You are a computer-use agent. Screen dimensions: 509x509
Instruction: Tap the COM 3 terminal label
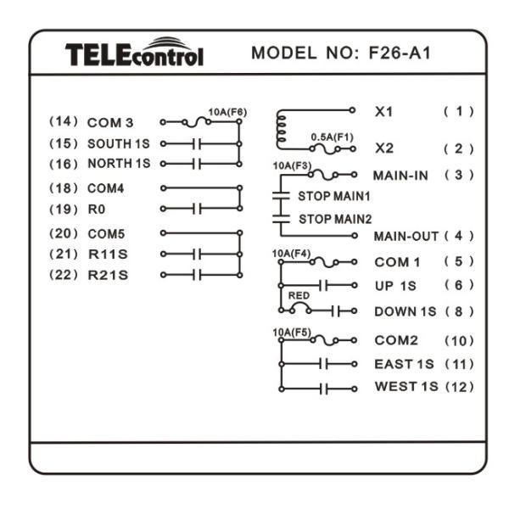pos(111,124)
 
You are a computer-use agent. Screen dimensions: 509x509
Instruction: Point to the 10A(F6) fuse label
pos(227,111)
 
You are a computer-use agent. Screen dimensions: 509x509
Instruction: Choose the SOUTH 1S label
pos(119,143)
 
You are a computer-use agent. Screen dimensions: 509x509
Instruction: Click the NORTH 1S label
pos(119,163)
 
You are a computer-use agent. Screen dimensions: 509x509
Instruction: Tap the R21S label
pos(108,274)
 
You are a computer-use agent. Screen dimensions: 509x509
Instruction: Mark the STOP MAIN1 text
pos(333,196)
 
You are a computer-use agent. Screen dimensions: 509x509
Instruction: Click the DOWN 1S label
pos(404,311)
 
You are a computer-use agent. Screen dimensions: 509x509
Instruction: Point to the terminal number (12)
pos(458,388)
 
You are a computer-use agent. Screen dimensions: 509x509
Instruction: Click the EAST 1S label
pos(404,365)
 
